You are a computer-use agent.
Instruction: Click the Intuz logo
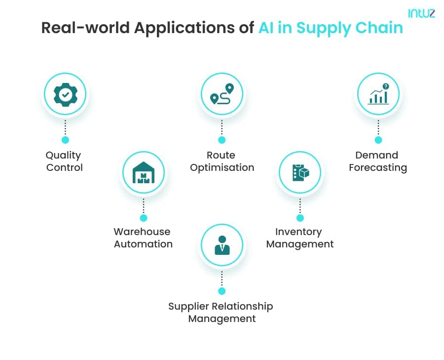421,13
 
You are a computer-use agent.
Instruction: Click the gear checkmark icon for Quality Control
66,95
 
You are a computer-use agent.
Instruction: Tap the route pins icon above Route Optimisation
222,94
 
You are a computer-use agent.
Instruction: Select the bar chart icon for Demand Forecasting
378,94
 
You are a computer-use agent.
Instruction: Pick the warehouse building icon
144,172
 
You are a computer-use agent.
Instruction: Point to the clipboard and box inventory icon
300,172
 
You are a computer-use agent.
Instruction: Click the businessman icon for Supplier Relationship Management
222,245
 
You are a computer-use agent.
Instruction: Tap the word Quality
63,156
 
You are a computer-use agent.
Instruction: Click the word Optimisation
222,168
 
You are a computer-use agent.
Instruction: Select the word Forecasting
378,168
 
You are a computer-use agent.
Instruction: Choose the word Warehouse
142,232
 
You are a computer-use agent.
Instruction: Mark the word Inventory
298,232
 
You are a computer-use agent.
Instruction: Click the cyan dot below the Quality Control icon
66,140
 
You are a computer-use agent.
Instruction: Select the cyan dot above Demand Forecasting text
378,140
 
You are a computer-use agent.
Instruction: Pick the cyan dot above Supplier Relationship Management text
222,291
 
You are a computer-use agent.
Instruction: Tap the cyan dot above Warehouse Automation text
144,218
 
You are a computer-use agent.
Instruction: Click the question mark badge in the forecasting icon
386,86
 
